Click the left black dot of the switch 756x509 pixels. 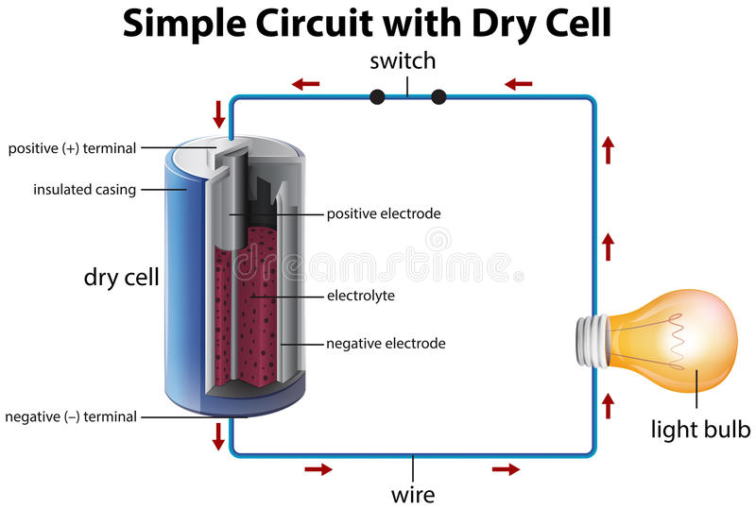click(x=377, y=96)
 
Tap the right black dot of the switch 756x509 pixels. click(x=438, y=96)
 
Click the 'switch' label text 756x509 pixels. click(x=403, y=62)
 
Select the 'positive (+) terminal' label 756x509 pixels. click(x=73, y=148)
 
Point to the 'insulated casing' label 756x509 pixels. click(x=85, y=190)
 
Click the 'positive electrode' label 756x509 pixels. click(x=384, y=213)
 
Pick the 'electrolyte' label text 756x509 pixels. click(x=361, y=296)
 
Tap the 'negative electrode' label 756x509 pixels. click(x=386, y=343)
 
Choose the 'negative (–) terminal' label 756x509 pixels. click(x=71, y=416)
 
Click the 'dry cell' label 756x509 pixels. click(x=121, y=277)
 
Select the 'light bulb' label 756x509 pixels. click(x=700, y=430)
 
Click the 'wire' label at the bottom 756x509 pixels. click(x=413, y=493)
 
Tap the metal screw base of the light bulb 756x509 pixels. click(x=592, y=341)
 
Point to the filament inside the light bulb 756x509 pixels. click(x=677, y=341)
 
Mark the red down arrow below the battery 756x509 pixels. click(x=219, y=436)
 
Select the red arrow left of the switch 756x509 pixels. click(x=306, y=84)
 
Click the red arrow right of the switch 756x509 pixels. click(x=518, y=84)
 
